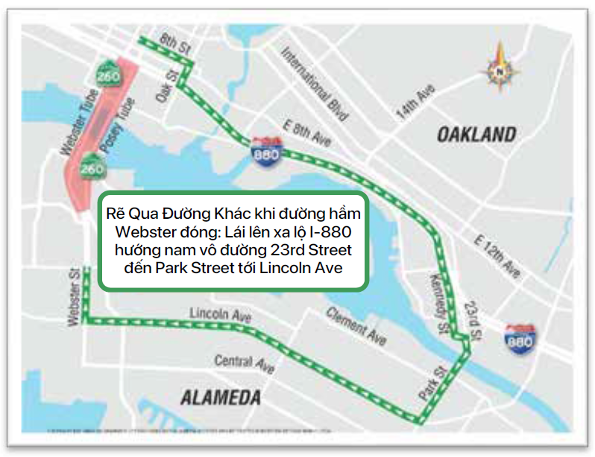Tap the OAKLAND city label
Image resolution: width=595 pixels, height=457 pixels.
coord(476,135)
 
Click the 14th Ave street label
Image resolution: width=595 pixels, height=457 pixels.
coord(415,103)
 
